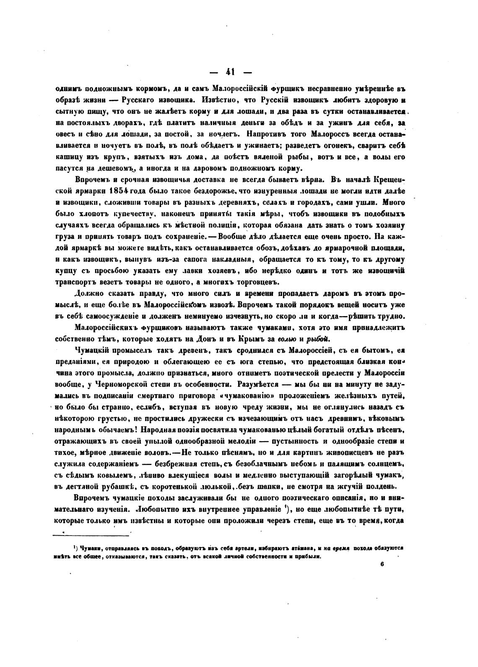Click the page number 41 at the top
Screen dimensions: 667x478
coord(230,72)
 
